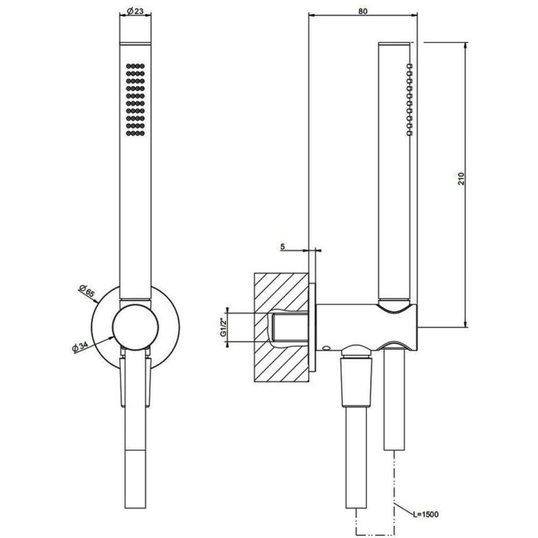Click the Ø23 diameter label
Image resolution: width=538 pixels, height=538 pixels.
tap(135, 12)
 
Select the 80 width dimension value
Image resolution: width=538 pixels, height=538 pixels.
tap(362, 11)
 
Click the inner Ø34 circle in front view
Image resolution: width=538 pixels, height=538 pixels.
tap(135, 327)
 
